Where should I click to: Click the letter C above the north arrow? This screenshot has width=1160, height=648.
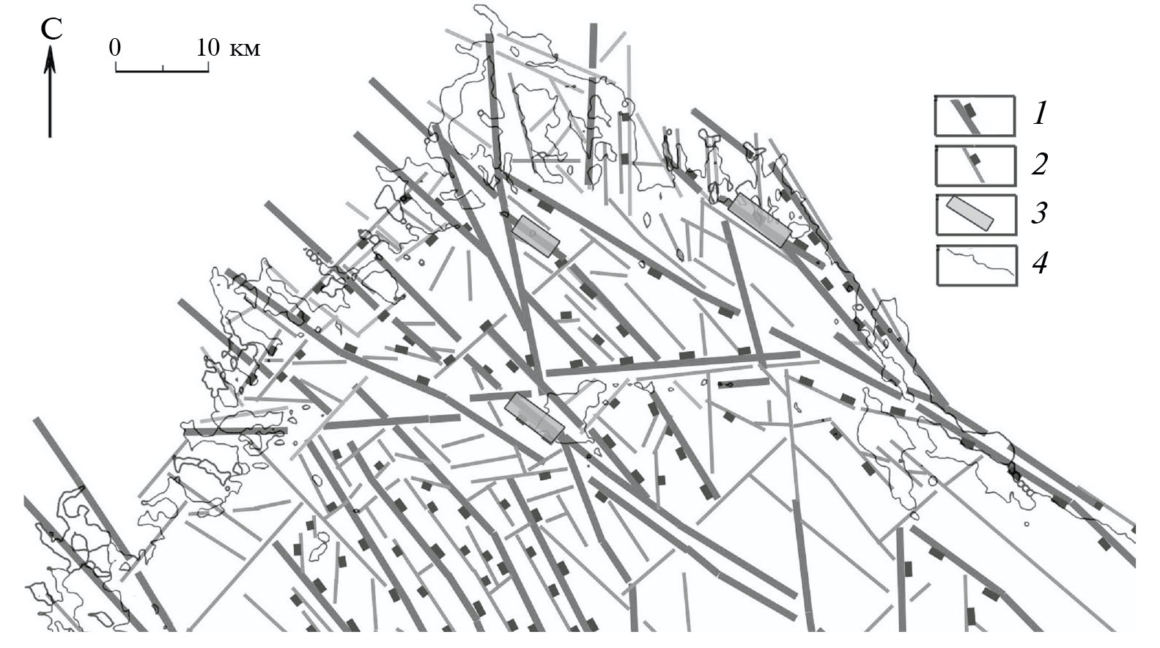[52, 29]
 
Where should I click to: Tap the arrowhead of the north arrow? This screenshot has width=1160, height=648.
[50, 57]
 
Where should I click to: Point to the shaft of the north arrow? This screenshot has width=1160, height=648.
[50, 98]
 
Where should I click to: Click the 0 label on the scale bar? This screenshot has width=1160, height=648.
[115, 48]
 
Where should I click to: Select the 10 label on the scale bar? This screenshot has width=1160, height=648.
[208, 48]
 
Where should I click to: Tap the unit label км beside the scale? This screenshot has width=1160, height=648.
[245, 49]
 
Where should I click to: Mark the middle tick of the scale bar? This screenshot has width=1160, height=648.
[163, 68]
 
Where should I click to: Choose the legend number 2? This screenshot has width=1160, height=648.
[1039, 163]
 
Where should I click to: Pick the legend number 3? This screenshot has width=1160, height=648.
[1039, 213]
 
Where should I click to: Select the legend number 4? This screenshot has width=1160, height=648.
[1040, 263]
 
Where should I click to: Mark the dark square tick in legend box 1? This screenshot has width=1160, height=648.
[970, 111]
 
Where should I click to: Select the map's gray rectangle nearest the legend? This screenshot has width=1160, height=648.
[761, 220]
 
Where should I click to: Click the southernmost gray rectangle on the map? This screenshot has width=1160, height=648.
[534, 418]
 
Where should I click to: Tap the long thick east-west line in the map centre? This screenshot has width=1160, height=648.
[673, 364]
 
